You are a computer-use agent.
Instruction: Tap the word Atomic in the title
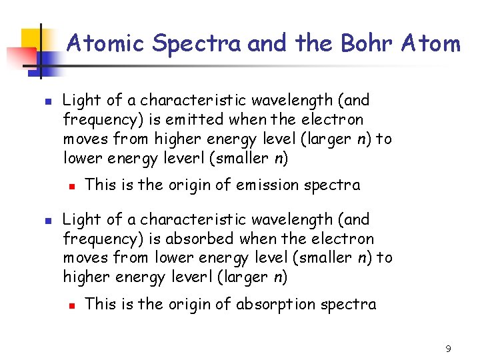pyautogui.click(x=107, y=44)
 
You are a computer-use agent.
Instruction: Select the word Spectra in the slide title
pyautogui.click(x=197, y=44)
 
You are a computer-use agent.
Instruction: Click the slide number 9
pyautogui.click(x=448, y=348)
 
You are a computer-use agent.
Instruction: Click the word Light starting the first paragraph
pyautogui.click(x=81, y=101)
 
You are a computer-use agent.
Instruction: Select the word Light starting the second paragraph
pyautogui.click(x=81, y=219)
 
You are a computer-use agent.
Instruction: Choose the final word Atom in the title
pyautogui.click(x=431, y=44)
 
